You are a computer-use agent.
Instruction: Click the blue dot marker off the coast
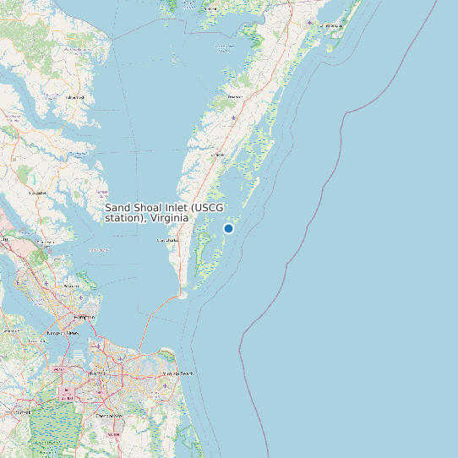click(x=228, y=228)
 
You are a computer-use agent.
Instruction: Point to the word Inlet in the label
click(x=174, y=208)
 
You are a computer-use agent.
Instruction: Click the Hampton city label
click(x=85, y=316)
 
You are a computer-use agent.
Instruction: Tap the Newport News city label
click(x=64, y=334)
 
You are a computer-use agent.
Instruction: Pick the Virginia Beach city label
click(x=177, y=373)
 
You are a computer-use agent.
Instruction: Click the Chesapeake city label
click(x=109, y=416)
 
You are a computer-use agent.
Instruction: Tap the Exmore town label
click(x=217, y=155)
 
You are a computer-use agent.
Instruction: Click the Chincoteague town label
click(x=331, y=25)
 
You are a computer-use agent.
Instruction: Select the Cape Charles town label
click(x=167, y=241)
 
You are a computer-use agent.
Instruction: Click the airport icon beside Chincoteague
click(x=309, y=23)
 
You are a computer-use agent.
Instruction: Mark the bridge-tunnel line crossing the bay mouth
click(x=156, y=317)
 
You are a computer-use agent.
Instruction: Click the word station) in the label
click(x=125, y=218)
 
